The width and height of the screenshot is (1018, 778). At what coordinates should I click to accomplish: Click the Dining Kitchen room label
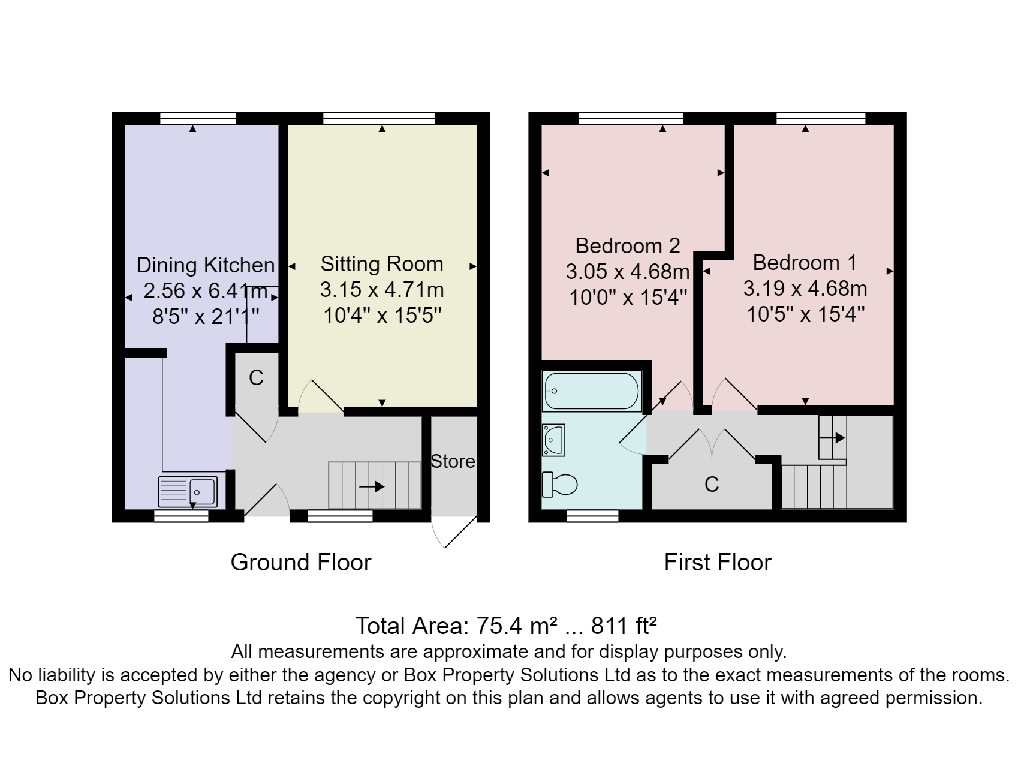[x=206, y=265]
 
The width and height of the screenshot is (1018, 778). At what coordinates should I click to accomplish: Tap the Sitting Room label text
[x=382, y=264]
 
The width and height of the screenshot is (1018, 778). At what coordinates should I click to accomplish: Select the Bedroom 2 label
[x=628, y=245]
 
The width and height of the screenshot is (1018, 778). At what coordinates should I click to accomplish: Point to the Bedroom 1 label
[x=805, y=262]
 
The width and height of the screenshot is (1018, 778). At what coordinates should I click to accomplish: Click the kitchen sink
[x=188, y=491]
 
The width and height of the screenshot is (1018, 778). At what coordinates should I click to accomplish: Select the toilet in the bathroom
[x=559, y=485]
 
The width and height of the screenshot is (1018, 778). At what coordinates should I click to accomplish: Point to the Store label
[x=453, y=461]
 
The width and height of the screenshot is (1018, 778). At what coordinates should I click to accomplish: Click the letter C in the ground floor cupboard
[x=256, y=377]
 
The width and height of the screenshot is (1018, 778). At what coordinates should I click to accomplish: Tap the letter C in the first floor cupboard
[x=712, y=484]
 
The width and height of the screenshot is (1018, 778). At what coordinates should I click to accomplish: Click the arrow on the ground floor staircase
[x=371, y=486]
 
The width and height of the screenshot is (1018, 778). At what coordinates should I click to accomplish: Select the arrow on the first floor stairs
[x=832, y=438]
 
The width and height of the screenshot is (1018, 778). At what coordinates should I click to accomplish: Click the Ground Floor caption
[x=301, y=562]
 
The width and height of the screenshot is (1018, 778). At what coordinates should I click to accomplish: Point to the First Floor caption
[x=718, y=562]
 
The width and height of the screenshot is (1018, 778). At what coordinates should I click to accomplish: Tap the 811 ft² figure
[x=624, y=626]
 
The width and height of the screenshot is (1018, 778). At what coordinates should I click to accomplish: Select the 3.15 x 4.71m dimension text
[x=382, y=290]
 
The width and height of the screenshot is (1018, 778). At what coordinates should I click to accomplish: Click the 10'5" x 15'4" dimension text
[x=805, y=314]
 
